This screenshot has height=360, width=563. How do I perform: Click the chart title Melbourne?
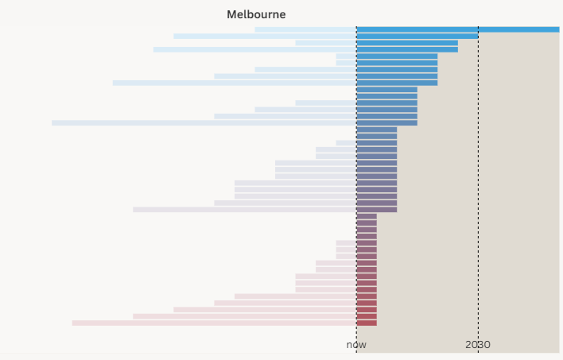256,14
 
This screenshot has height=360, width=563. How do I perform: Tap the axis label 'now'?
356,345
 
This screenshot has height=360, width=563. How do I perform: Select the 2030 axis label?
478,345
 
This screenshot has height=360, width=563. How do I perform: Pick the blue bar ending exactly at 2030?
417,36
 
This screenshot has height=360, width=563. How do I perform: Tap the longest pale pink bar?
214,323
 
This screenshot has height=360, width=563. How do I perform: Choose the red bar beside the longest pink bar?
367,323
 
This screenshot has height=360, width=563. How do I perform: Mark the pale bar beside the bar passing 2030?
305,29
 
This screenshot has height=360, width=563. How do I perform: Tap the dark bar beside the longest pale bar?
386,122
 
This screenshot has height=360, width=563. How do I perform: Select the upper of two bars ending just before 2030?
407,43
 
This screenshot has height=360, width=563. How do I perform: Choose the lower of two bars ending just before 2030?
407,49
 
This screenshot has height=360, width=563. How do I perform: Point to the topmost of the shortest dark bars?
367,216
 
